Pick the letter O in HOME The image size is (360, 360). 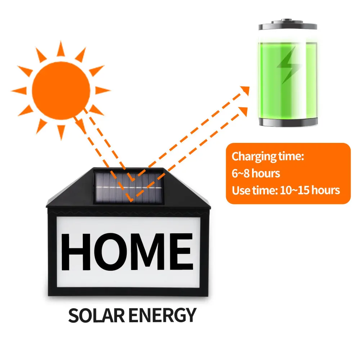113,251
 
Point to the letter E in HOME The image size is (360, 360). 181,251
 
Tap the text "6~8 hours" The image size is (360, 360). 256,173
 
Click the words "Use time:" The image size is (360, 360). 255,190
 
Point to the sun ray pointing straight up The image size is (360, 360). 60,49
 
